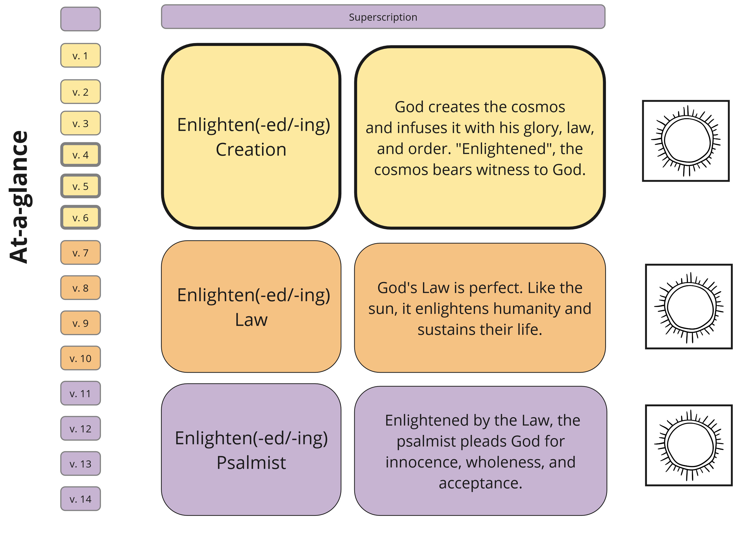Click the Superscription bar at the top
pos(383,17)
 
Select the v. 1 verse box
pos(81,56)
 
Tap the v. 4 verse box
pos(81,155)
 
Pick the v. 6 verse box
pos(81,218)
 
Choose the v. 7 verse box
pos(81,253)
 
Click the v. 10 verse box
pos(81,358)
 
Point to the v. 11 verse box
pos(81,393)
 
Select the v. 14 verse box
pos(81,499)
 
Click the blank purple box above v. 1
pos(81,19)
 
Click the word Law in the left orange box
pos(251,320)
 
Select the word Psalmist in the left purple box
pos(251,463)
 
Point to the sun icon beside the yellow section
pos(686,141)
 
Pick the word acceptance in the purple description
pos(480,483)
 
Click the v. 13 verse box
pos(81,464)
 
